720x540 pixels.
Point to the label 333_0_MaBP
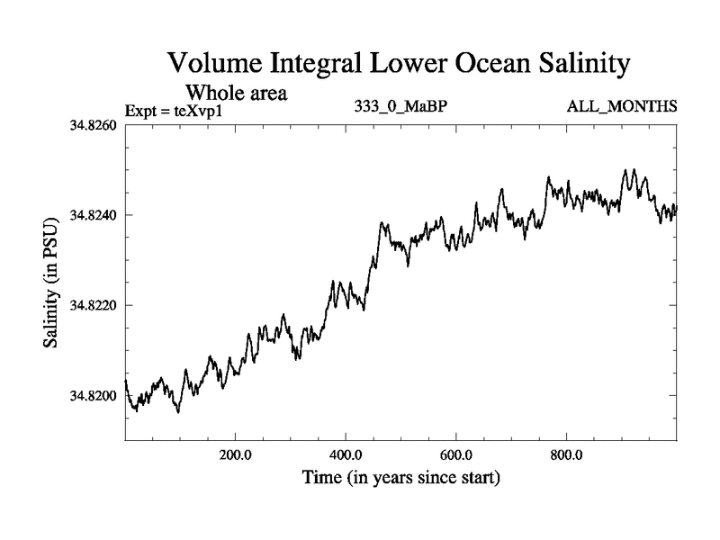tap(401, 107)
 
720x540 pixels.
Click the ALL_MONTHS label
tap(622, 107)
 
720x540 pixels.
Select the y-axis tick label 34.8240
tap(93, 215)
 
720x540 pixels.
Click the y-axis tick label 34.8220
tap(93, 305)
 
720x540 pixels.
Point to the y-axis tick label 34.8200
tap(93, 396)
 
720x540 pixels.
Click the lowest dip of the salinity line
tap(178, 412)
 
